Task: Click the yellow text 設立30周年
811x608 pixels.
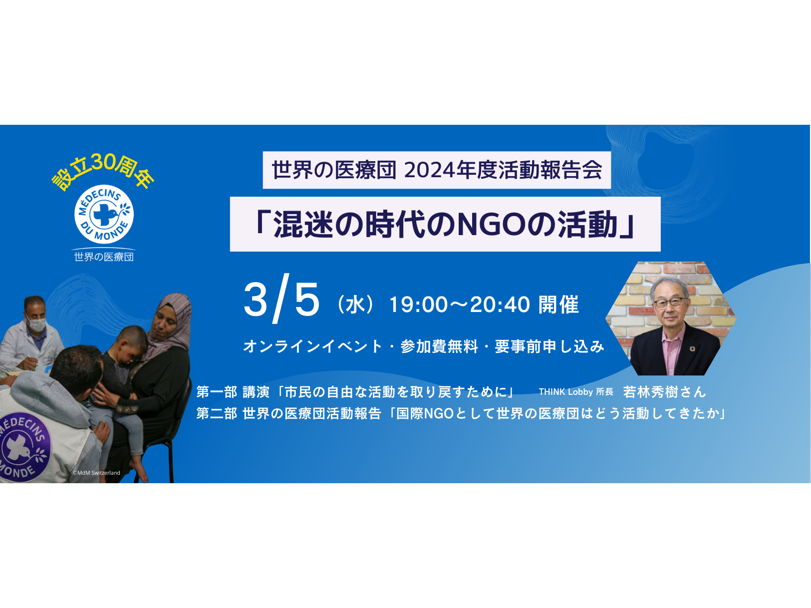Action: pyautogui.click(x=102, y=172)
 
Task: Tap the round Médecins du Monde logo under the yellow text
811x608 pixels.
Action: pyautogui.click(x=104, y=214)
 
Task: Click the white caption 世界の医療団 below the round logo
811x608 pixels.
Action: pyautogui.click(x=104, y=257)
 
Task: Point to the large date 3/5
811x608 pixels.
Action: pyautogui.click(x=281, y=299)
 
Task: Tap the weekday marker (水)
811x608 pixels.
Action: pyautogui.click(x=355, y=304)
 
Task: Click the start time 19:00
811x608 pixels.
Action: pyautogui.click(x=419, y=304)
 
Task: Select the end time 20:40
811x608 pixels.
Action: pyautogui.click(x=500, y=304)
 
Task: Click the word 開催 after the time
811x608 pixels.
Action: pyautogui.click(x=558, y=304)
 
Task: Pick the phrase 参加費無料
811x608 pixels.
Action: pyautogui.click(x=439, y=346)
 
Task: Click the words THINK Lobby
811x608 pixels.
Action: pyautogui.click(x=565, y=392)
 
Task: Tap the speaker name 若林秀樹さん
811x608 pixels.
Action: pyautogui.click(x=664, y=391)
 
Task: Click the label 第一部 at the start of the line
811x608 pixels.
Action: pyautogui.click(x=217, y=392)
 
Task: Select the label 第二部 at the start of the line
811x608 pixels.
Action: pyautogui.click(x=217, y=413)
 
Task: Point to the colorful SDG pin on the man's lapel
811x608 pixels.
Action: pyautogui.click(x=692, y=349)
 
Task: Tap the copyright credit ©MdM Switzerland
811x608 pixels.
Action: pyautogui.click(x=96, y=472)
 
